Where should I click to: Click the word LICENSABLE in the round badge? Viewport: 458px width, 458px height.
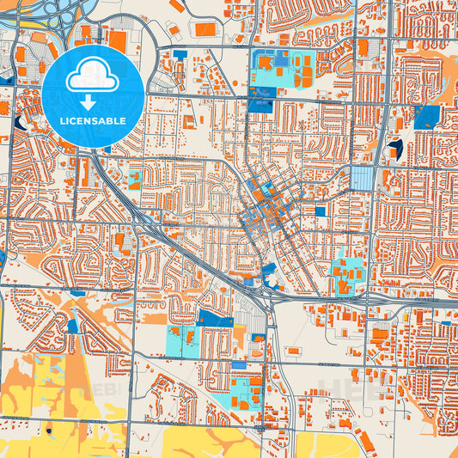point(92,121)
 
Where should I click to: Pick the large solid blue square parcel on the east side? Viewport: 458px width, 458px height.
point(425,118)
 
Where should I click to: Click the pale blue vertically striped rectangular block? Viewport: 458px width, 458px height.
point(363,179)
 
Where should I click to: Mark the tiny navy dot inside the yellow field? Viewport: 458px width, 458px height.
point(49,430)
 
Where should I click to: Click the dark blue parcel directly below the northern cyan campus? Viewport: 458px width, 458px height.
point(260,106)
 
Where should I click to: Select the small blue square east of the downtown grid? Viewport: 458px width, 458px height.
point(320,211)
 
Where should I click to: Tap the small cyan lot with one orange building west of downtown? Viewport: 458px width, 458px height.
point(135,180)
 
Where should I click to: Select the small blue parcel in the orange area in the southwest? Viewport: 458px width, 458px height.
point(72,326)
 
